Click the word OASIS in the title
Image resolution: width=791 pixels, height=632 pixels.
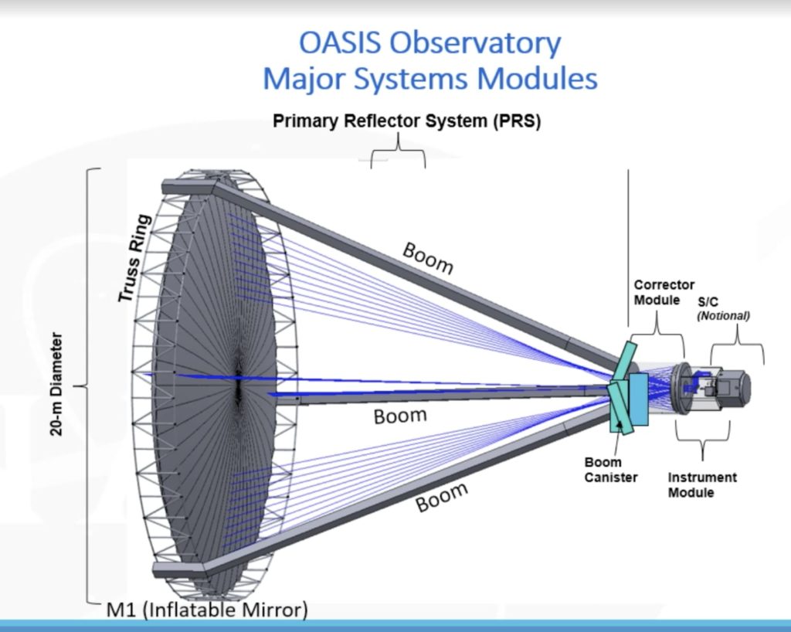click(x=338, y=44)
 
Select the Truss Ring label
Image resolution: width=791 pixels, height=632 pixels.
click(x=137, y=257)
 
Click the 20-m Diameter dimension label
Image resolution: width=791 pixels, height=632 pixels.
click(x=57, y=384)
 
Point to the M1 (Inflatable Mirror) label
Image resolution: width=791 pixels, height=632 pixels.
click(x=206, y=610)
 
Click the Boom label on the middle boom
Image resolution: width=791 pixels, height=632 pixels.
click(x=400, y=416)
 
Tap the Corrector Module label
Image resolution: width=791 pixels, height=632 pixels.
click(x=664, y=292)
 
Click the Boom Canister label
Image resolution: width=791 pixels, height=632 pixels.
click(x=611, y=470)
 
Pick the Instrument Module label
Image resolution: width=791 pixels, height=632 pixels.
click(x=702, y=484)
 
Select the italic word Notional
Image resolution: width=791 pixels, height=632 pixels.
click(x=723, y=315)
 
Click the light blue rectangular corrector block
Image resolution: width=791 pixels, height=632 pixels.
click(x=638, y=393)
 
